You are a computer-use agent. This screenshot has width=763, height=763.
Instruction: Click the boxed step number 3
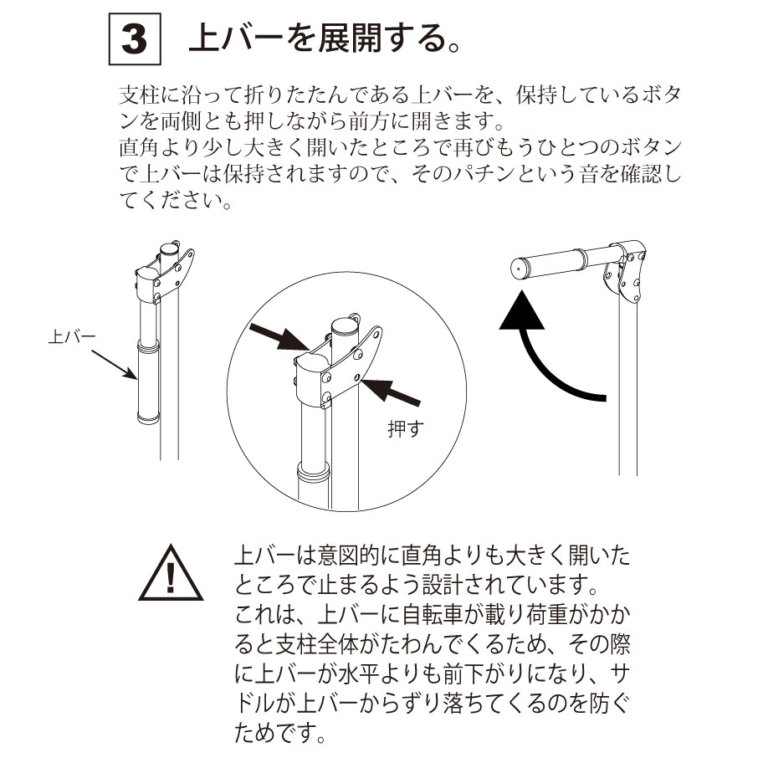[x=135, y=39]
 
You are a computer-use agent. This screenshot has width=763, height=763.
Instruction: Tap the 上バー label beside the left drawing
[x=72, y=336]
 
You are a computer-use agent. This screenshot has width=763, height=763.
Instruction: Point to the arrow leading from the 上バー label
[x=114, y=364]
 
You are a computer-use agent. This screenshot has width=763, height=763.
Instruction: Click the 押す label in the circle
[x=406, y=428]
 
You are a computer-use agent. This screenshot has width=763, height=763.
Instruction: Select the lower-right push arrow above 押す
[x=390, y=392]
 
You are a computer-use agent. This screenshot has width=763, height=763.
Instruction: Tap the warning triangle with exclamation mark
[x=171, y=573]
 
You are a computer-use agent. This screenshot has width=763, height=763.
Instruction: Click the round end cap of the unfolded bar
[x=519, y=269]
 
